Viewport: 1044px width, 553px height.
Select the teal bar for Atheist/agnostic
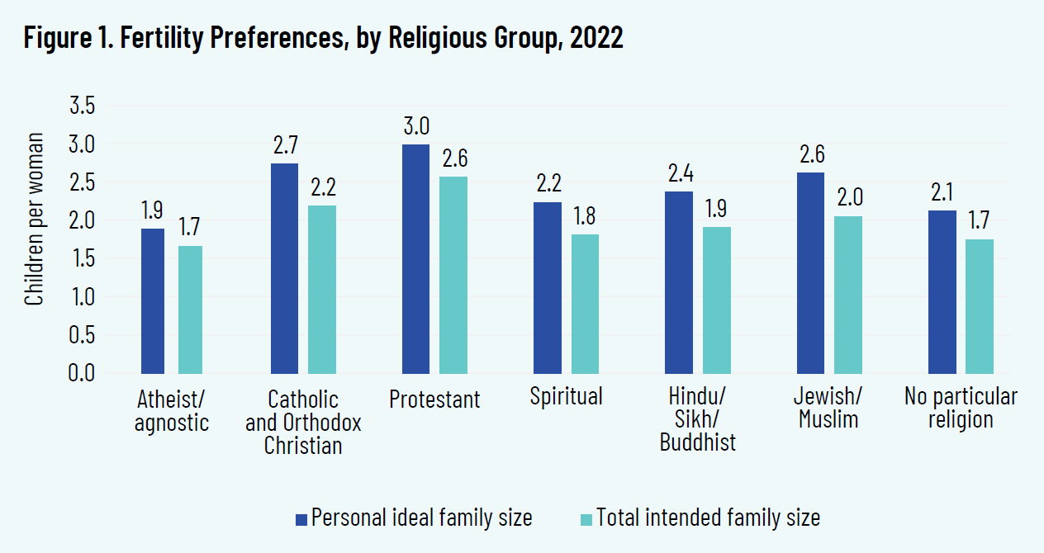[191, 310]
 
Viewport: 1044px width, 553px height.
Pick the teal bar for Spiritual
[585, 304]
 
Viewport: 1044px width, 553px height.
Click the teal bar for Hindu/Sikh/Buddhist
[716, 300]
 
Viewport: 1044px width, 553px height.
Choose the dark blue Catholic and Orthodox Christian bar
[285, 268]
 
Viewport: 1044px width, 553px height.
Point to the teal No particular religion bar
[980, 306]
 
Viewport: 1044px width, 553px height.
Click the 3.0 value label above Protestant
[415, 128]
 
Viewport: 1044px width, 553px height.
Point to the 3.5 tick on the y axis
[81, 106]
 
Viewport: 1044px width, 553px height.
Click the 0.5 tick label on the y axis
[81, 335]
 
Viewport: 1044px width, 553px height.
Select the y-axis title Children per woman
[34, 239]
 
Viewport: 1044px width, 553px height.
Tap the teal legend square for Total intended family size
[586, 518]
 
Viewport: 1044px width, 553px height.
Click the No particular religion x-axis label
[961, 408]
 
